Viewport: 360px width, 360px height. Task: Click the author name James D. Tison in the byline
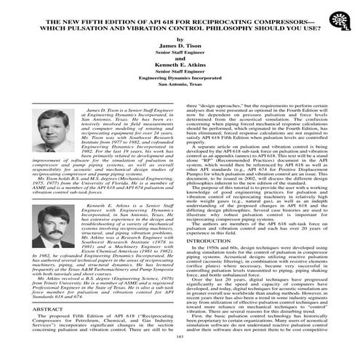(180, 46)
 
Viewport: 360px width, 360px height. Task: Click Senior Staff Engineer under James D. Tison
(180, 55)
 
